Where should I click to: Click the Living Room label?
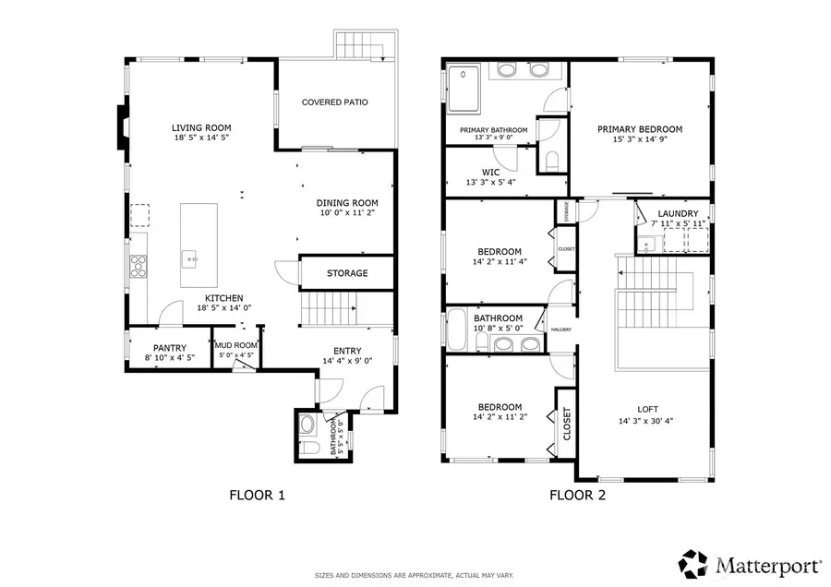coord(200,127)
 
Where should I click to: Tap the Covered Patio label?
coord(334,102)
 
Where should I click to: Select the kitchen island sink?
coord(193,259)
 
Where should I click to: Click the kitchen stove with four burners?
coord(138,266)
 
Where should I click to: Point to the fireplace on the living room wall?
coord(121,126)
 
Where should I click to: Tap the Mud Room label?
coord(235,345)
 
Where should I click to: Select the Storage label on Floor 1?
coord(346,273)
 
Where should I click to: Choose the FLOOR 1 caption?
coord(257,496)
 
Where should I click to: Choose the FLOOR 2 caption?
coord(577,496)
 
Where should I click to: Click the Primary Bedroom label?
coord(639,129)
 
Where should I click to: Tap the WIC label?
coord(490,172)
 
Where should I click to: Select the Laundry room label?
coord(677,213)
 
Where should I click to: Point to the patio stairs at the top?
coord(361,43)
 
